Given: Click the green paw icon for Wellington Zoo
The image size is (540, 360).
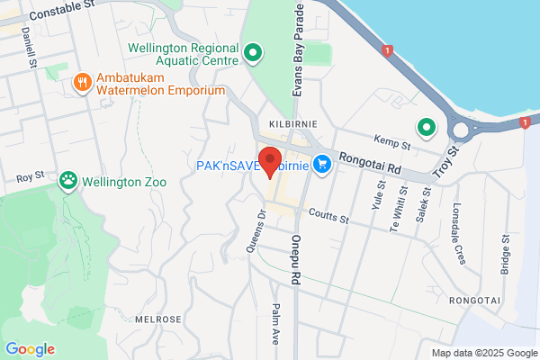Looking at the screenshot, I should point(68,181).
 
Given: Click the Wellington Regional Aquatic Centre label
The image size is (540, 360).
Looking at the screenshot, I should point(184,56).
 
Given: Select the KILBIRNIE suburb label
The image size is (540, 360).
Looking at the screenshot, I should point(283,121).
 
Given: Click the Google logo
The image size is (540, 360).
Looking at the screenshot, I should point(30,349).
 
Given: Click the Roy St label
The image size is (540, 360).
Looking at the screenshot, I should point(30,178).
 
